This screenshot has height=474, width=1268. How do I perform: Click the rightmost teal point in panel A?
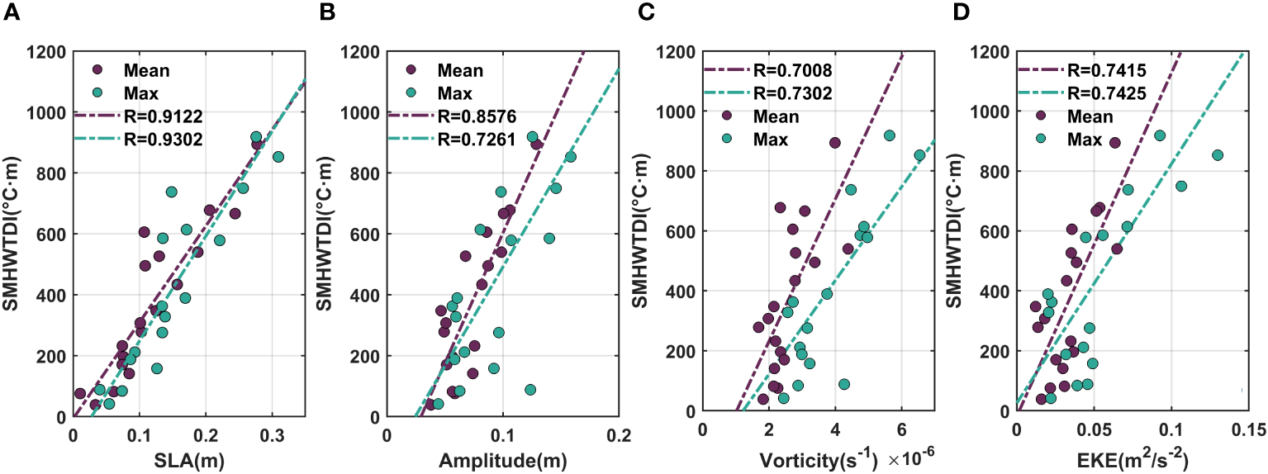[278, 157]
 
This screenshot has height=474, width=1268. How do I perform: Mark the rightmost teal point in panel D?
[1217, 155]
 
